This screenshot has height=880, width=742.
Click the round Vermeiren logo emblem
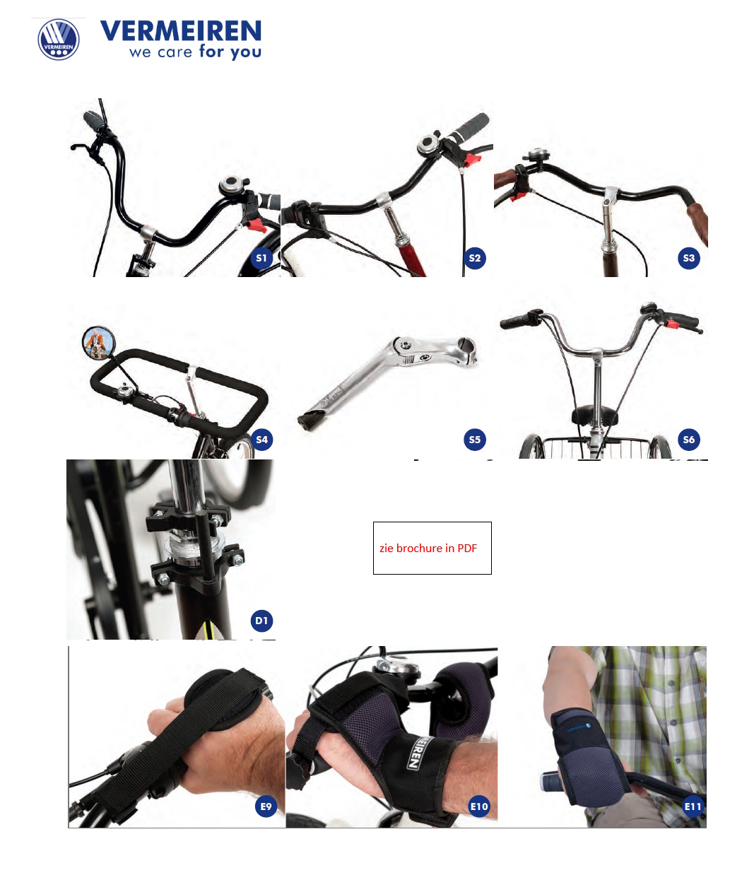59,40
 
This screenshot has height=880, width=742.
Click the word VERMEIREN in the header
181,31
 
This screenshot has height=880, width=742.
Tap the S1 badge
261,258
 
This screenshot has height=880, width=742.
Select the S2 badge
475,258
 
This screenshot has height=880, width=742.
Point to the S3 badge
689,258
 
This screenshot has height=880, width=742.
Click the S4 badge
261,440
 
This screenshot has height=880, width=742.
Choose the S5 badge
475,440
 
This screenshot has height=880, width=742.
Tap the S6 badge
689,440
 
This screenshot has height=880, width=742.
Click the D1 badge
261,621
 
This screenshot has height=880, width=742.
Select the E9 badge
266,806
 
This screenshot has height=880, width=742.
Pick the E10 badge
479,806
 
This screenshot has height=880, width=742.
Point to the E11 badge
693,806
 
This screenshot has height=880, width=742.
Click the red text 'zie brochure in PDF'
428,548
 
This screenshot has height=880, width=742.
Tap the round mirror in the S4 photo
98,342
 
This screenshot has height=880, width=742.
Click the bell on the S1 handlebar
231,185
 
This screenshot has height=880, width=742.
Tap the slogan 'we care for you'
195,52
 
